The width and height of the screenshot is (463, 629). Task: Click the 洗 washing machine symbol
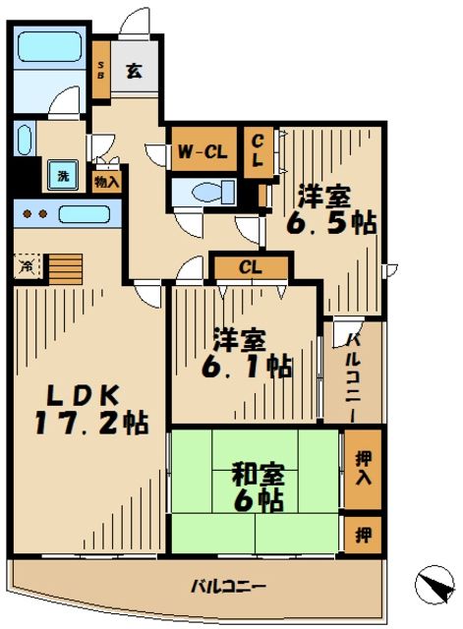[63, 176]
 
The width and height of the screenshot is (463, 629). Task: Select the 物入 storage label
[106, 182]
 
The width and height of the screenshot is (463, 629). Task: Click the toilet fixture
[207, 191]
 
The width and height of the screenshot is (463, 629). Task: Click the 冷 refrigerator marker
[26, 263]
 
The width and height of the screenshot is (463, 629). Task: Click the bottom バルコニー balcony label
[227, 587]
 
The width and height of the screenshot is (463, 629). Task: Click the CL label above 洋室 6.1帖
[250, 265]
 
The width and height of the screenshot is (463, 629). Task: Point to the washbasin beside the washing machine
[26, 139]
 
